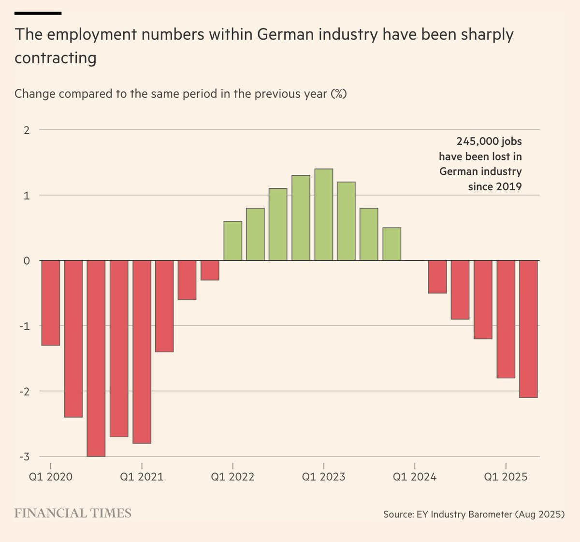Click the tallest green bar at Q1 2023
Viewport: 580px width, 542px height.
[x=323, y=215]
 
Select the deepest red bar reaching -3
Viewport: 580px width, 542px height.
[x=96, y=357]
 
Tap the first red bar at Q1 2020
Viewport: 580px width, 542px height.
[x=51, y=303]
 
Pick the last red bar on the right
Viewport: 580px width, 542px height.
[x=528, y=328]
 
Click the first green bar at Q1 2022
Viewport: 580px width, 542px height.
[x=232, y=241]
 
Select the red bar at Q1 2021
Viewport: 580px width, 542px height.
[x=142, y=351]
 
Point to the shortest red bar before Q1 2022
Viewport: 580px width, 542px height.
[x=210, y=270]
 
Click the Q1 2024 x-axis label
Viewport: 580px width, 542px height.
[x=414, y=477]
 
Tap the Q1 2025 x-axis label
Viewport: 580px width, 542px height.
[x=506, y=477]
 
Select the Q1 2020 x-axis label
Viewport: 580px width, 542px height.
[x=50, y=477]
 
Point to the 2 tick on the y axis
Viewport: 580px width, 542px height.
[x=27, y=130]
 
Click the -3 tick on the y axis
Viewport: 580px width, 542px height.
[x=24, y=456]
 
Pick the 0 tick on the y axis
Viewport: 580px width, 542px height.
[x=27, y=261]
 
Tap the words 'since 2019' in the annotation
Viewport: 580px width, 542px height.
[x=494, y=186]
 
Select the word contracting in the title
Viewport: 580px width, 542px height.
[x=56, y=58]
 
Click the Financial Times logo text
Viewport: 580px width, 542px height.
[x=72, y=513]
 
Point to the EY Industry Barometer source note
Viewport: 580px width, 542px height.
[x=474, y=514]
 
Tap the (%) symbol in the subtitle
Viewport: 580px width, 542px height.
[x=338, y=93]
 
